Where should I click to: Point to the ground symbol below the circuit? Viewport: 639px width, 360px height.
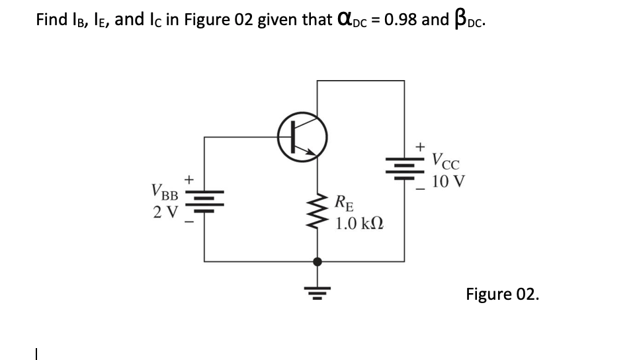[x=318, y=291]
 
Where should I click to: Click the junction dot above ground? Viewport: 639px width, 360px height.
[x=318, y=261]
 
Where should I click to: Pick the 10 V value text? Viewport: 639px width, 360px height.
[x=447, y=179]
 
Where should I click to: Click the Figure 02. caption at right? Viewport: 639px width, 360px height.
[x=502, y=294]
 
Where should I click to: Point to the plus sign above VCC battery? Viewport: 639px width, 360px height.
[x=419, y=144]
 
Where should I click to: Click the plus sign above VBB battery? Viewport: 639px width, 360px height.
[x=189, y=179]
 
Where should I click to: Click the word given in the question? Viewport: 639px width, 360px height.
[x=280, y=19]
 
